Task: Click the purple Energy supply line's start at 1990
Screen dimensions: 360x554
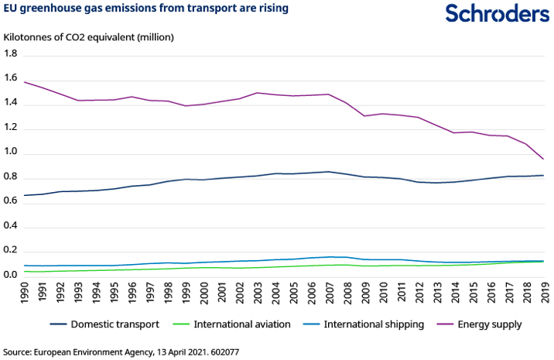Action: pos(26,82)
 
